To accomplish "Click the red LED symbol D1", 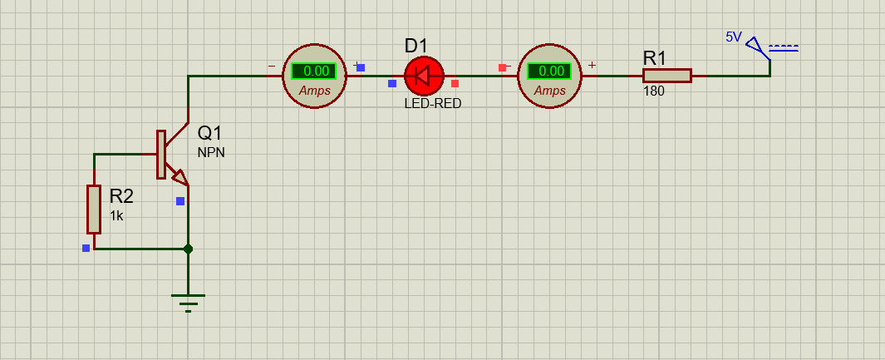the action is [425, 76].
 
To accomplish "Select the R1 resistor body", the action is [667, 76].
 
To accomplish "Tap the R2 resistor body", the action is [94, 210].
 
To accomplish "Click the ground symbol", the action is [188, 303].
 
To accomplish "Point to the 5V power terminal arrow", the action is [756, 47].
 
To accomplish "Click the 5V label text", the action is [734, 37].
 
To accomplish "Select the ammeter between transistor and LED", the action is [314, 76].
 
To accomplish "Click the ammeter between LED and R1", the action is [549, 76].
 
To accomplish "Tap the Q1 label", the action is [210, 134].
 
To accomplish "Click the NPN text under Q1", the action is [211, 152].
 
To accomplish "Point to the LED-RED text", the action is [433, 104].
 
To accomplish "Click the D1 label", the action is [416, 46].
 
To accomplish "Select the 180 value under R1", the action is [654, 91].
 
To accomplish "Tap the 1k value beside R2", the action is [116, 215].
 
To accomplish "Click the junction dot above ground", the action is [188, 249].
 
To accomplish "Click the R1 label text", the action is [655, 58].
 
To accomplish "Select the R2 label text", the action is [121, 196].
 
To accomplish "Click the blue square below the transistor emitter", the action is [180, 201].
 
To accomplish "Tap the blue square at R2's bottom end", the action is [86, 248].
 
